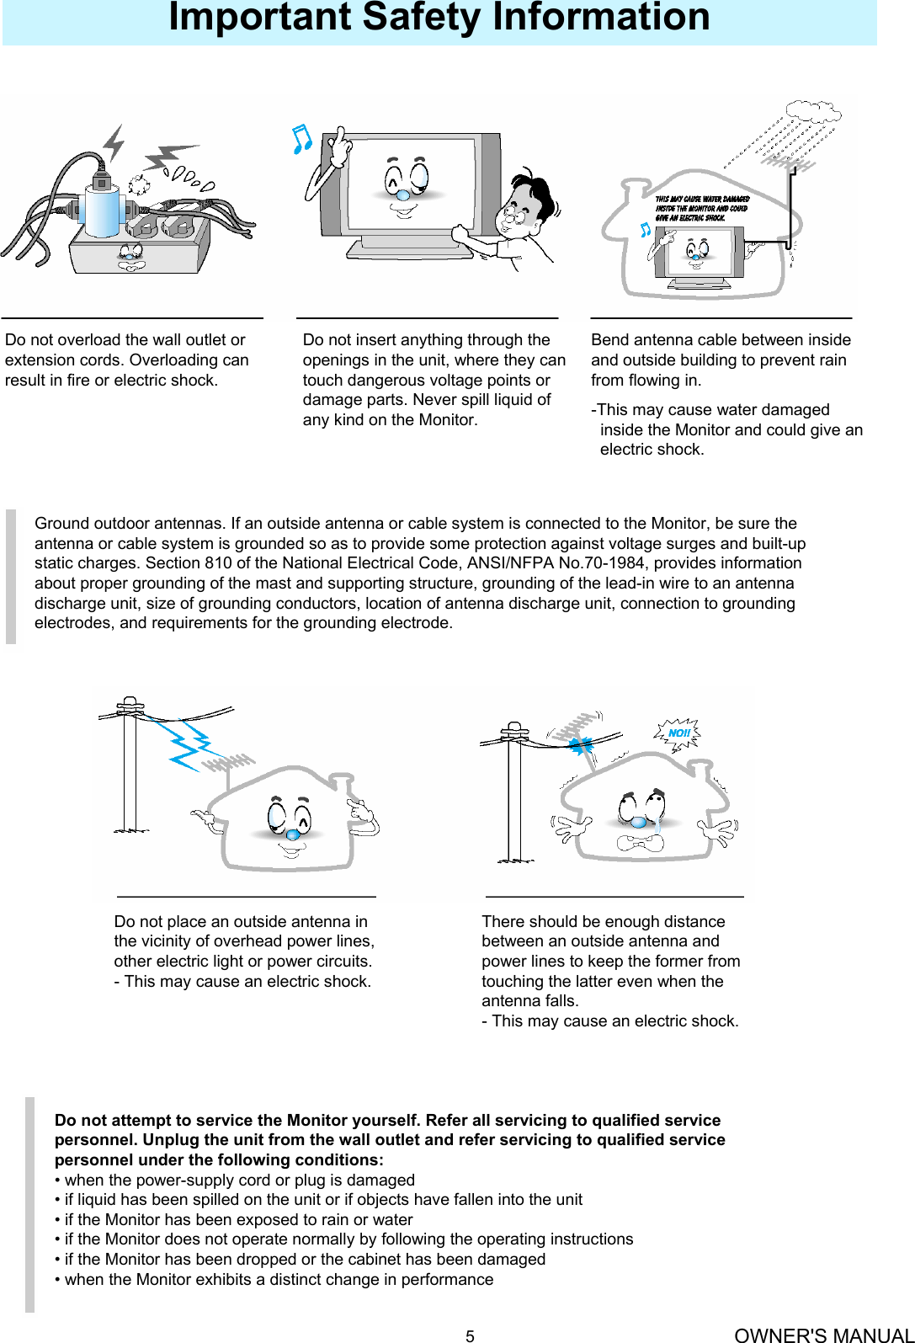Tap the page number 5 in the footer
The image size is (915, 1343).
[470, 1335]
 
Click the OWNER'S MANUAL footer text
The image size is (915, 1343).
[822, 1335]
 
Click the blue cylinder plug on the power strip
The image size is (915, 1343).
[102, 211]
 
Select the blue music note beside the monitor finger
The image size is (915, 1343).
[301, 139]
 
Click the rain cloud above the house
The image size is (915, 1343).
[812, 111]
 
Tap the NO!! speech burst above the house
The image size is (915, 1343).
[678, 733]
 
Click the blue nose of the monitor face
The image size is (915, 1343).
[403, 195]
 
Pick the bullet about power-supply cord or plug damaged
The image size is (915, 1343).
[235, 1180]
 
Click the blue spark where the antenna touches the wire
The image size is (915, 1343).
[581, 745]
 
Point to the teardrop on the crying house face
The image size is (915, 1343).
[657, 826]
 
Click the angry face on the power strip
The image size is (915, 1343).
[130, 254]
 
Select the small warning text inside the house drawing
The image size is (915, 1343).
[700, 208]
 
